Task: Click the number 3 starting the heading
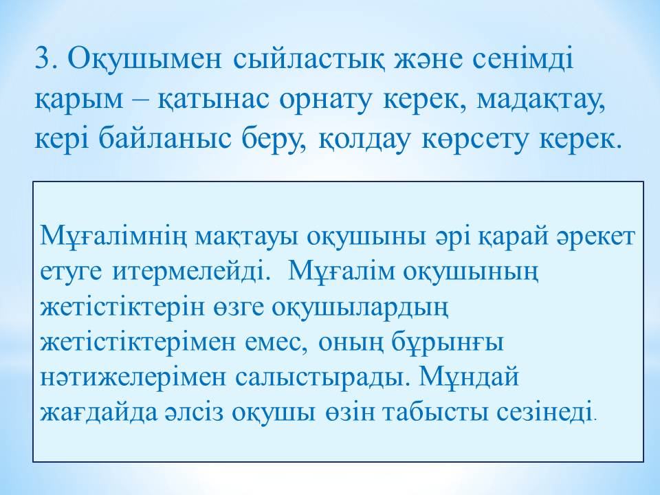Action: pos(44,58)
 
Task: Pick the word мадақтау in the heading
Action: pos(541,102)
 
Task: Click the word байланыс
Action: pos(166,137)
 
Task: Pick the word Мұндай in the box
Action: pos(469,376)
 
